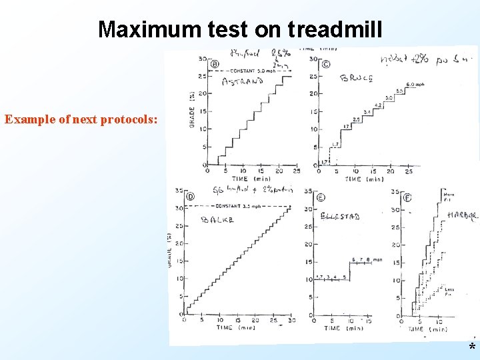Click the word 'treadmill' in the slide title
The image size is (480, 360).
pos(335,29)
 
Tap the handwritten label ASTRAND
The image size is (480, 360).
pos(242,82)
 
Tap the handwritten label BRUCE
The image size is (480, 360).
pos(357,78)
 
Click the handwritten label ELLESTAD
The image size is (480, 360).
pos(340,217)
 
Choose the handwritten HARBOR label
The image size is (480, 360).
pos(462,215)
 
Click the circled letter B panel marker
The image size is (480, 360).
pos(214,65)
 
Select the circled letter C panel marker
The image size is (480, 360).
pos(325,65)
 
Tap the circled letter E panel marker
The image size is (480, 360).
pos(321,197)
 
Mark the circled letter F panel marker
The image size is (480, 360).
pos(407,197)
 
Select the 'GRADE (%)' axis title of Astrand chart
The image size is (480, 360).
pos(193,110)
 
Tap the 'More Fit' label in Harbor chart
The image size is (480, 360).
pos(448,195)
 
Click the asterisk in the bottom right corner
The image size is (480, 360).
pos(472,348)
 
